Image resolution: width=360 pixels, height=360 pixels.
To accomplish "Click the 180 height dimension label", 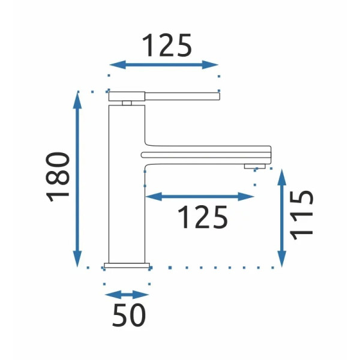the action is coord(58,177).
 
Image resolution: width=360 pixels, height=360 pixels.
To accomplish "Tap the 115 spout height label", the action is coord(301,215).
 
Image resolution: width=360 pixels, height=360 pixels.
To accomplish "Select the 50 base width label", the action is coord(129,315).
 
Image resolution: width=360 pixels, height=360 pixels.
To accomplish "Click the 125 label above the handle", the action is coord(167,45).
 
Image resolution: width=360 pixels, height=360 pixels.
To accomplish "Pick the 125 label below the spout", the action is coord(203,217).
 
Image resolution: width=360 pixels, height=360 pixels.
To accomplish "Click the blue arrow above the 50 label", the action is coord(127,295).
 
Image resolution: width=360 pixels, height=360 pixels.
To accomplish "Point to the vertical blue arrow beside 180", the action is coord(77,179).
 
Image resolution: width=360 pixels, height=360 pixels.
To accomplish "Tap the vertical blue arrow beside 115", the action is coord(282,218).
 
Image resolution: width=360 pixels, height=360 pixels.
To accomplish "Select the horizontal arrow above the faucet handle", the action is coord(164,65).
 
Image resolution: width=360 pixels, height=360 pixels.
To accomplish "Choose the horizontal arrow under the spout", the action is coord(200,197).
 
